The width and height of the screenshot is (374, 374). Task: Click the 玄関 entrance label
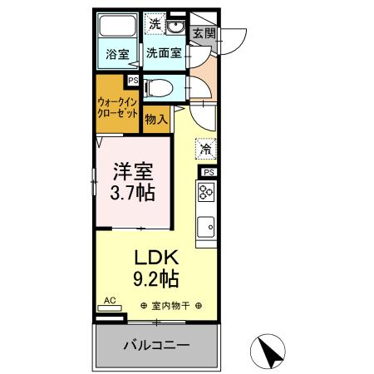(x=204, y=33)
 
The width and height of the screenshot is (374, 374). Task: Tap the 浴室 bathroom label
(x=117, y=56)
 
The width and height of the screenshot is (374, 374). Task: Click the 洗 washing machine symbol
(x=155, y=24)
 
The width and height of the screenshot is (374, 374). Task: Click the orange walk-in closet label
(x=117, y=107)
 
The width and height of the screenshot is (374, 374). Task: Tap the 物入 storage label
(x=156, y=120)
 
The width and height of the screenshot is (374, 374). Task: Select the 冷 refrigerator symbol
(x=204, y=150)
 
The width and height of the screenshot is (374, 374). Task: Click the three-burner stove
(x=205, y=194)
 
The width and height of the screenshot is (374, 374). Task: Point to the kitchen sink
(x=205, y=225)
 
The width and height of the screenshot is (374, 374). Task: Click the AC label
(x=108, y=301)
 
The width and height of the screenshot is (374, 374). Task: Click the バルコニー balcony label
(x=158, y=345)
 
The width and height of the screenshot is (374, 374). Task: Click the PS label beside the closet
(x=132, y=81)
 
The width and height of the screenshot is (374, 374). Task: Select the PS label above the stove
(x=207, y=172)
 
